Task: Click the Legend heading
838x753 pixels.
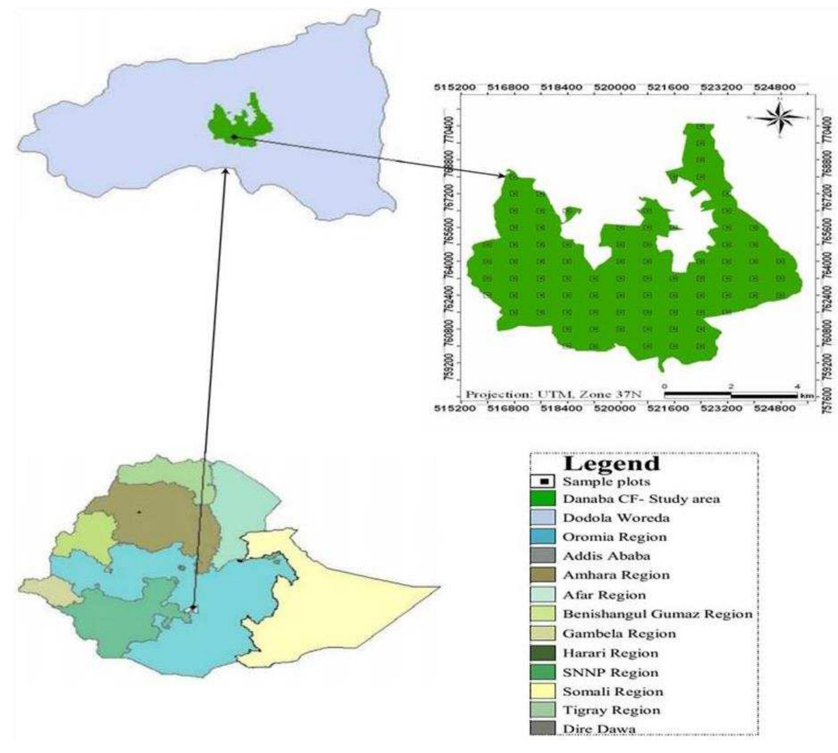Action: (611, 463)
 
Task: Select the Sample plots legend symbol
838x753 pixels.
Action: (542, 482)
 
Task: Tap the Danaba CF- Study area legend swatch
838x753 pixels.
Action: (542, 499)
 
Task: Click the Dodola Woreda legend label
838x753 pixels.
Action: (616, 518)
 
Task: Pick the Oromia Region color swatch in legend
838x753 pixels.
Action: (542, 537)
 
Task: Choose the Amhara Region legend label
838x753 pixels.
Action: (616, 575)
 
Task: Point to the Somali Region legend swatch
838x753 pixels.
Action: (542, 691)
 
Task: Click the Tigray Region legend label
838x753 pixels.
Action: (611, 710)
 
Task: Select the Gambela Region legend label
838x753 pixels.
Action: (619, 633)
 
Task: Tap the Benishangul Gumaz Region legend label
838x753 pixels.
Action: (657, 614)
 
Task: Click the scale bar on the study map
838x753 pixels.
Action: (731, 395)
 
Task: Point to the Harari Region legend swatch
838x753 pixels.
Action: (542, 653)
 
